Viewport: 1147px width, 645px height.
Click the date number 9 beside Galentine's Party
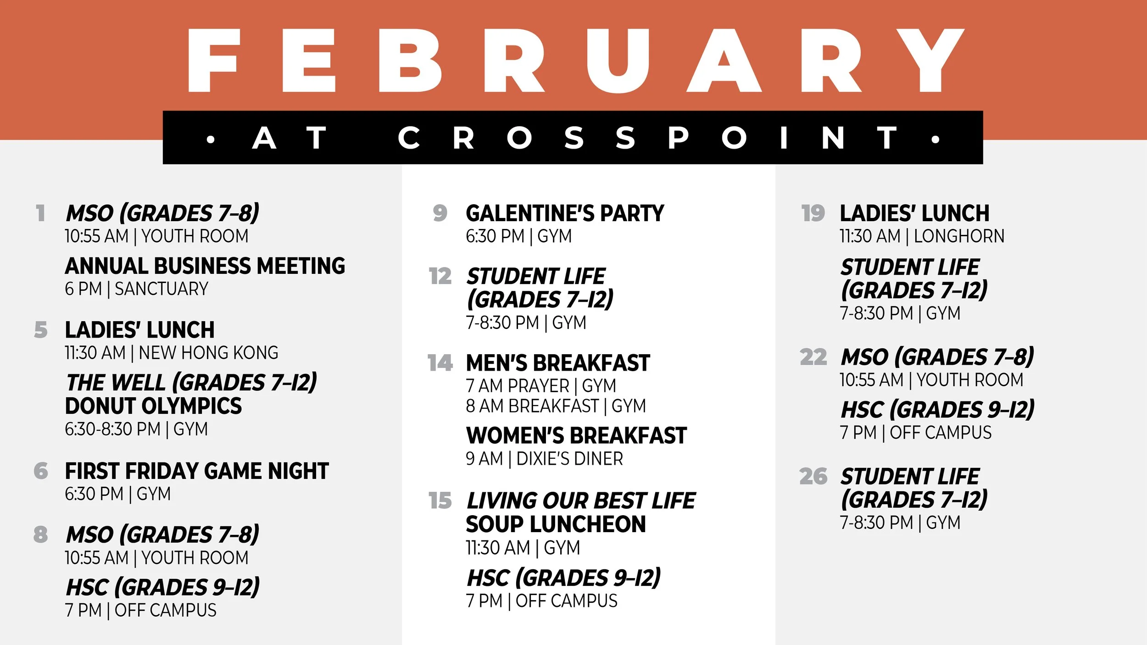(x=440, y=213)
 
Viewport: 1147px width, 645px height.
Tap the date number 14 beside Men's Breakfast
(x=440, y=363)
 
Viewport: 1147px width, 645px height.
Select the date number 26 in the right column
(x=813, y=476)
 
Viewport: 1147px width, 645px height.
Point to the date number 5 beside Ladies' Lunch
(x=41, y=330)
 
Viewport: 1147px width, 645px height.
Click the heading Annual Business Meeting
(x=205, y=266)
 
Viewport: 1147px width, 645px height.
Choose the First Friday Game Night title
(x=197, y=471)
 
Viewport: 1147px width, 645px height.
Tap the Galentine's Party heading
(x=565, y=213)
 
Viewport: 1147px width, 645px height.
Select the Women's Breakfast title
(x=576, y=435)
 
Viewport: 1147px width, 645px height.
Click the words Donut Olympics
(x=153, y=406)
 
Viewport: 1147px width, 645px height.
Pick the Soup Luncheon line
(x=556, y=524)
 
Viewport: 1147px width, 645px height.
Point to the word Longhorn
(x=959, y=236)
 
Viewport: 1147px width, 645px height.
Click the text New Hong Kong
(x=208, y=353)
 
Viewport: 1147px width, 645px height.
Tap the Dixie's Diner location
(x=569, y=459)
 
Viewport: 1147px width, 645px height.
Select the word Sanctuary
(x=161, y=289)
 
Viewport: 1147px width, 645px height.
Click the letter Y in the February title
(x=930, y=60)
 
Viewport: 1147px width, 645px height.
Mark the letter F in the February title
(x=214, y=60)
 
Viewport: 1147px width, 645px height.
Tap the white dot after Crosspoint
(x=935, y=139)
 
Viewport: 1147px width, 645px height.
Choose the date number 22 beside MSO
(x=813, y=357)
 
